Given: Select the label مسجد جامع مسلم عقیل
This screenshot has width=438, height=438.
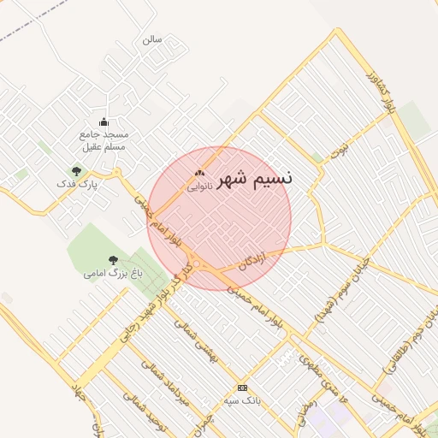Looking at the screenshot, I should (x=104, y=141).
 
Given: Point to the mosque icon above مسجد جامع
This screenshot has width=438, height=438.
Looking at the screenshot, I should (x=104, y=121).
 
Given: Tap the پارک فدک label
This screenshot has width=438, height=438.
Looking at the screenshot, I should (x=77, y=184).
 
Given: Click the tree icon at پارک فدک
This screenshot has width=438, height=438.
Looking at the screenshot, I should (x=77, y=171).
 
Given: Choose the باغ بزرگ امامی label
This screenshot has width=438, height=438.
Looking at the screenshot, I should (x=113, y=273).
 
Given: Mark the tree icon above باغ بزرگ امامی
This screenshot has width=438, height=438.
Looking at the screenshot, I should (x=113, y=259).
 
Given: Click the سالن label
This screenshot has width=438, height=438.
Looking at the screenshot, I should (x=151, y=39).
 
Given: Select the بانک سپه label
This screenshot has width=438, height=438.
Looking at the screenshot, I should (x=241, y=400).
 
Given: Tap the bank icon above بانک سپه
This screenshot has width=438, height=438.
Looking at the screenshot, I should (x=242, y=388).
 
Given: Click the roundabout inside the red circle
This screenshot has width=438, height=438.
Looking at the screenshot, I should (x=198, y=264).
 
